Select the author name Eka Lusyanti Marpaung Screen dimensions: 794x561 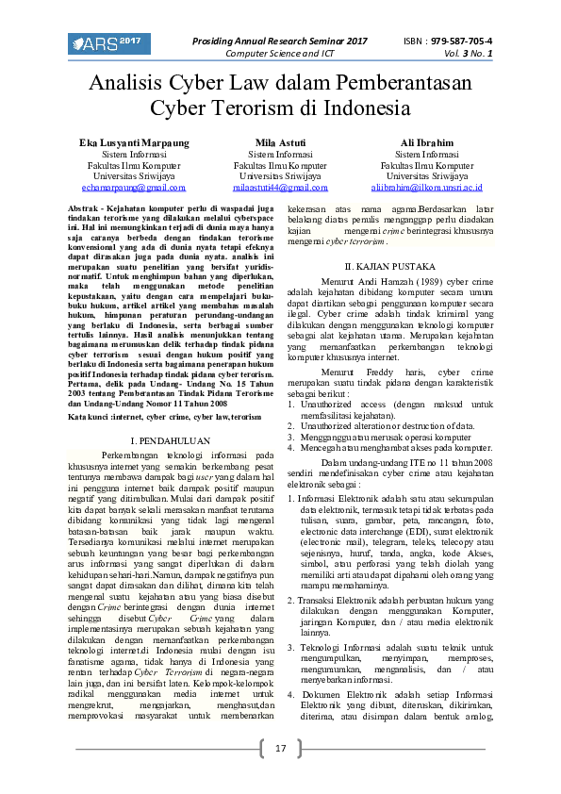[133, 141]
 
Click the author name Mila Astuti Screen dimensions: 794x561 [280, 141]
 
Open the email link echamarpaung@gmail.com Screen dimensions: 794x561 [133, 188]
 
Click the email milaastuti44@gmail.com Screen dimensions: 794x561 [280, 188]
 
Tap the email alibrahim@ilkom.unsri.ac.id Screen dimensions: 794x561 [426, 188]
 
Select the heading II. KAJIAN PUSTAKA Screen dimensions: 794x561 [389, 267]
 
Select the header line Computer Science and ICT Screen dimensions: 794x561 [280, 54]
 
